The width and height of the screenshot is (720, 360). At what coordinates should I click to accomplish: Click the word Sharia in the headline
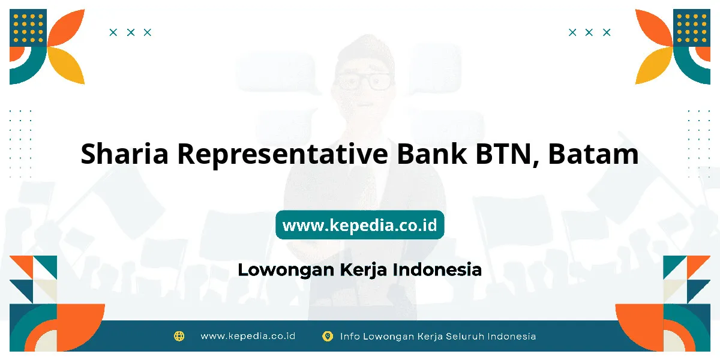tap(124, 154)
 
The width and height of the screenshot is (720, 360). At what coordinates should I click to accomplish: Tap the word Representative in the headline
tap(283, 154)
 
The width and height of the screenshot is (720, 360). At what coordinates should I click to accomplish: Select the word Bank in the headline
tap(431, 154)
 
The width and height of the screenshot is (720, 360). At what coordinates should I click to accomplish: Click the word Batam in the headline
tap(593, 154)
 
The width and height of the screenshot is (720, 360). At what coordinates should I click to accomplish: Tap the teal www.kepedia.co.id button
tap(360, 225)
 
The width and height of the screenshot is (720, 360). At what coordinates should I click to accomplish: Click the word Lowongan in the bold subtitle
tap(286, 270)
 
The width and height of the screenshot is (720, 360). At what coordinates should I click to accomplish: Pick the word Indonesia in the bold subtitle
tap(437, 269)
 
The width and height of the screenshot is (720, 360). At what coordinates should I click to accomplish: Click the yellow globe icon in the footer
tap(179, 336)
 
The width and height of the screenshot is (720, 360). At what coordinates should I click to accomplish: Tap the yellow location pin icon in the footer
tap(328, 336)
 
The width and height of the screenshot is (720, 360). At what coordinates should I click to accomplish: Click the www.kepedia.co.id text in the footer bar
tap(248, 336)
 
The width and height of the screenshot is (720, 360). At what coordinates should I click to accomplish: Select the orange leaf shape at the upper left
tap(67, 28)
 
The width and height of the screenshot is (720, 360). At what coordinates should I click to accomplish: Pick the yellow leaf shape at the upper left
tap(67, 65)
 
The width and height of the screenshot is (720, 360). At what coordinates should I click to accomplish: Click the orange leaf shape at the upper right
tap(654, 28)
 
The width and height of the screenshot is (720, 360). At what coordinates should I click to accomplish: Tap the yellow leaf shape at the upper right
tap(654, 65)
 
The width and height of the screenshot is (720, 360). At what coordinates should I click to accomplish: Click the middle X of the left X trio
tap(131, 32)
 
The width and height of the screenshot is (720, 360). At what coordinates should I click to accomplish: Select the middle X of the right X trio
tap(589, 32)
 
